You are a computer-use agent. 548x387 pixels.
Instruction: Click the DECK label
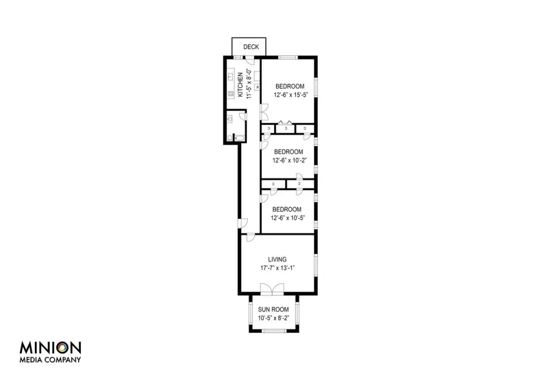(x=251, y=47)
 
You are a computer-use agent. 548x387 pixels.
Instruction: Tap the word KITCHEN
(x=240, y=85)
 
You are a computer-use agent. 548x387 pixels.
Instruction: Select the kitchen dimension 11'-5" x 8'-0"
(x=249, y=84)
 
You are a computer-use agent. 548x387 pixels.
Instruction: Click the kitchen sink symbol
(x=231, y=77)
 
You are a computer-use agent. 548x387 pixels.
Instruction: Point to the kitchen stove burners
(x=231, y=93)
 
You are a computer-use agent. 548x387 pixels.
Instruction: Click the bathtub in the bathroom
(x=239, y=139)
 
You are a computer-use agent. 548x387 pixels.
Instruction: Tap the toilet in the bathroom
(x=230, y=138)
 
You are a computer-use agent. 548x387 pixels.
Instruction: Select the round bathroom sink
(x=230, y=119)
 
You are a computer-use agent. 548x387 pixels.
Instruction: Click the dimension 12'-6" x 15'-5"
(x=291, y=95)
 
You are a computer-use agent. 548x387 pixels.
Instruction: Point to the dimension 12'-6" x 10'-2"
(x=290, y=161)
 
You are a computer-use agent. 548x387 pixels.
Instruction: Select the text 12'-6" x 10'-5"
(x=288, y=218)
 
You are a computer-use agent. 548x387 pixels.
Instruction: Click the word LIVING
(x=277, y=260)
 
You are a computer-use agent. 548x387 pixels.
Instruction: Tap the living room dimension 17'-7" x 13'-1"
(x=278, y=268)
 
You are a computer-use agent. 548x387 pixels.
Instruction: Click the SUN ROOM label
(x=273, y=309)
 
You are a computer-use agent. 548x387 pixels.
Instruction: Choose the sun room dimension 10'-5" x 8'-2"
(x=273, y=318)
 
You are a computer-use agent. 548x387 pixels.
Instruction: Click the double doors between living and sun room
(x=272, y=289)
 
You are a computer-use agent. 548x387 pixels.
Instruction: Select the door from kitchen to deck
(x=249, y=60)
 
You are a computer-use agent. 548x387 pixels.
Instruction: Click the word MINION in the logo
(x=50, y=348)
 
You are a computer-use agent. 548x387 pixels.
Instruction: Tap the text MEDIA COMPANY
(x=50, y=360)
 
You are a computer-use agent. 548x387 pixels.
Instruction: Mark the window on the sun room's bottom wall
(x=274, y=331)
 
